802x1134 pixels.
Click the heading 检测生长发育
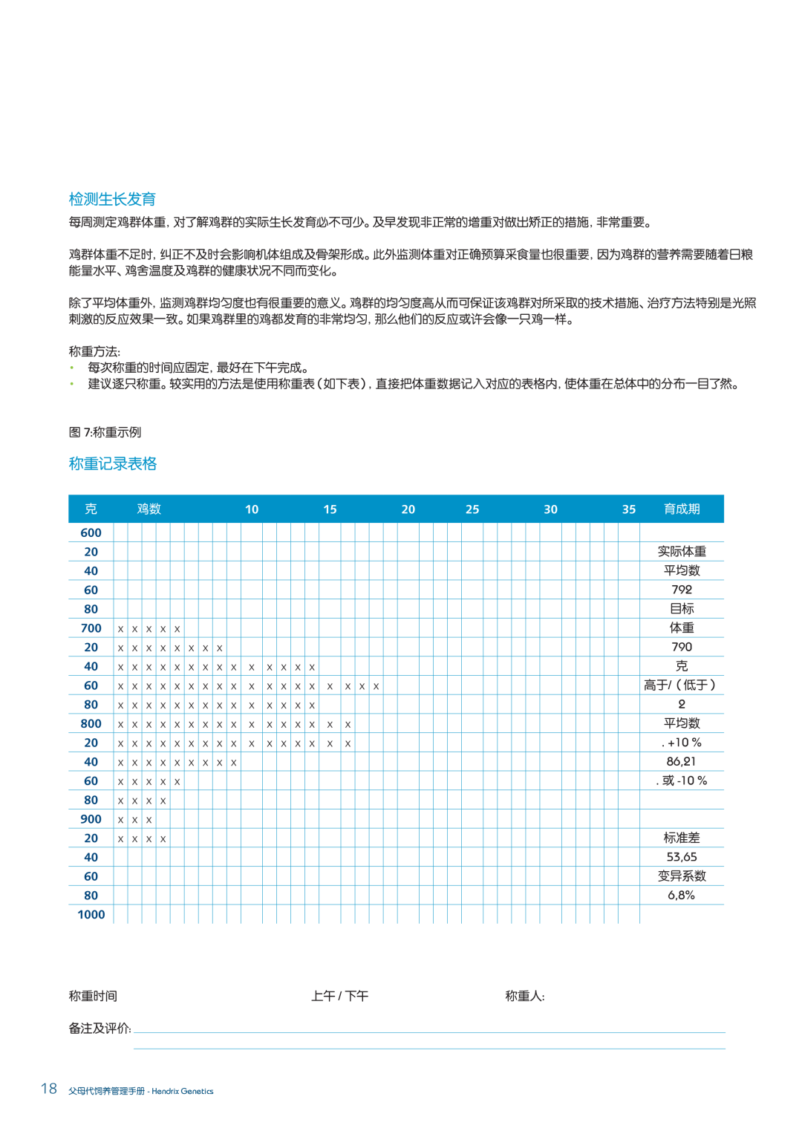pos(112,199)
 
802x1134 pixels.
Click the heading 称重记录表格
pos(113,463)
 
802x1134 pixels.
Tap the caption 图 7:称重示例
pos(105,432)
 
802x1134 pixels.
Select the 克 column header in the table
pos(91,509)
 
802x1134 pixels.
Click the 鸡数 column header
pos(149,509)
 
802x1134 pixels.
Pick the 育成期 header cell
pos(682,509)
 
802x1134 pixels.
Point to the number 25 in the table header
pos(472,509)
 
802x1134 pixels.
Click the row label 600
pos(91,532)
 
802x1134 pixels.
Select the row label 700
pos(91,628)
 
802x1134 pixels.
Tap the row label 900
pos(91,819)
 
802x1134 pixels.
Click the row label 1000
pos(91,914)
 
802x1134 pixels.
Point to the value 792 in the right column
pos(682,590)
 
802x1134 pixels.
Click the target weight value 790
pos(682,647)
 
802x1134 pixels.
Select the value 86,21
pos(682,761)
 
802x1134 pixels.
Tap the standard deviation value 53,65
pos(682,857)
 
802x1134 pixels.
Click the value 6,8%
pos(682,895)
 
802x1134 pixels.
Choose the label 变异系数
pos(682,876)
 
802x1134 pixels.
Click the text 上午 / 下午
pos(339,996)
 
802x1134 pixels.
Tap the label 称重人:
pos(524,996)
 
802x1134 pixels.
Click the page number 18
pos(49,1089)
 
